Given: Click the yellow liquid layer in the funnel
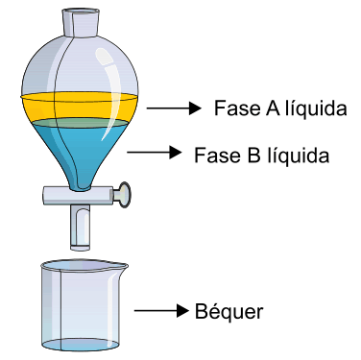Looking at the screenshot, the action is click(x=80, y=108).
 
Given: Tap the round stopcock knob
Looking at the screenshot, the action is click(x=123, y=194).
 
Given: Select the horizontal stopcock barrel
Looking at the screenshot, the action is click(x=80, y=196).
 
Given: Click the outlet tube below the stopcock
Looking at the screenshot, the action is click(x=80, y=228).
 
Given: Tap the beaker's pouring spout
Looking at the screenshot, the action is click(x=122, y=266).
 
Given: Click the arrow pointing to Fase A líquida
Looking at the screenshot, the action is click(x=174, y=108).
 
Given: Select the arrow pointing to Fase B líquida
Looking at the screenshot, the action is click(x=155, y=152).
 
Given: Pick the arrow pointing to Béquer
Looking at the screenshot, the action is click(x=161, y=310).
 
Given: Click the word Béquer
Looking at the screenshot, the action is click(x=229, y=311).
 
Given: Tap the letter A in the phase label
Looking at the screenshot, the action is click(x=273, y=108).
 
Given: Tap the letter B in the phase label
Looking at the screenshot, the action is click(x=253, y=156).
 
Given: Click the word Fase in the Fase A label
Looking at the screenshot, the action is click(x=237, y=108).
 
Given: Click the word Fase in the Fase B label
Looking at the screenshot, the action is click(x=218, y=156).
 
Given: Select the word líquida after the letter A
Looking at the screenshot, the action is click(x=316, y=108).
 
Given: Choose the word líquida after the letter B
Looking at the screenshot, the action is click(x=298, y=156).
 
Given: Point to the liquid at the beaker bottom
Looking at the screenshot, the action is click(x=81, y=345).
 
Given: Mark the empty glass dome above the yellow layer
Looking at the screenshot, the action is click(x=80, y=65).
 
